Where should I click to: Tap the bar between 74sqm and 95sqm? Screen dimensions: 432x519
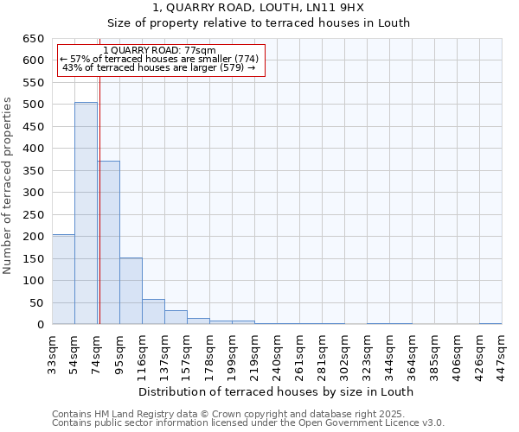108,242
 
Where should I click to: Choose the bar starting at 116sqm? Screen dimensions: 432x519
153,312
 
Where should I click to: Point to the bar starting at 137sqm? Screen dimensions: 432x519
176,317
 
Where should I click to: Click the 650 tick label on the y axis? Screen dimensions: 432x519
32,39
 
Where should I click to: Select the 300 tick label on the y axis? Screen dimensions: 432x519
32,193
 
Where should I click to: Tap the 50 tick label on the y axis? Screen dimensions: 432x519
35,302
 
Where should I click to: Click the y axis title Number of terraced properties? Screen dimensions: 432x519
9,186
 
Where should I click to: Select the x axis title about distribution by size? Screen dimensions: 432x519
277,391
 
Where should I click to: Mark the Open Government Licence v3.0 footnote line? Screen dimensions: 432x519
248,423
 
